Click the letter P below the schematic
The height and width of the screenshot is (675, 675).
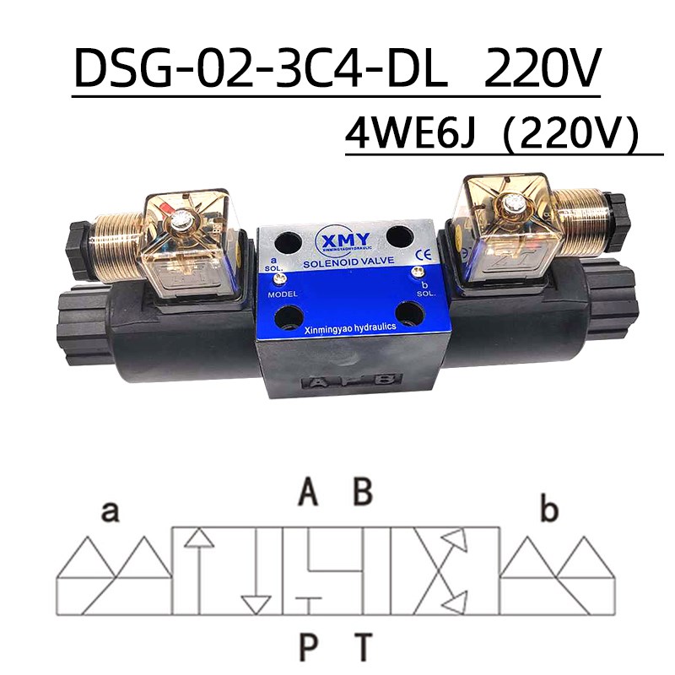[309, 647]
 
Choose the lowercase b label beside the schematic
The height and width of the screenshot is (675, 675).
[549, 511]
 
